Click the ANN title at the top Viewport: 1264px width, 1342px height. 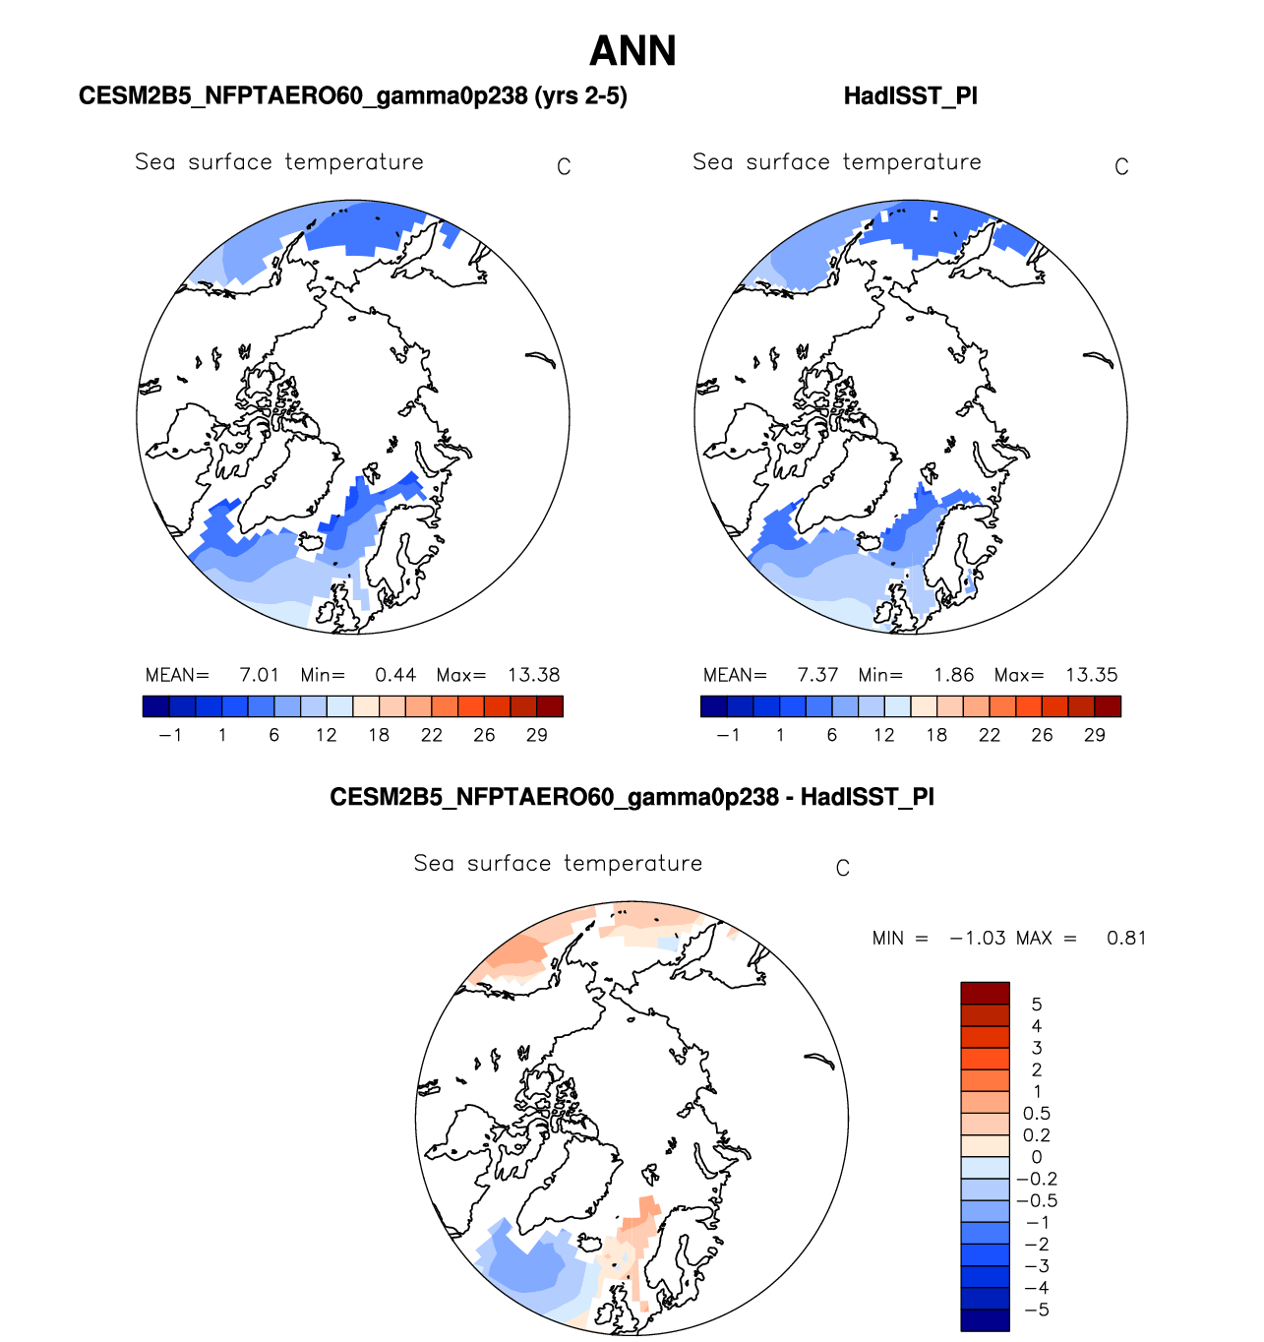[632, 51]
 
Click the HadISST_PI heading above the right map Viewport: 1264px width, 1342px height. [910, 96]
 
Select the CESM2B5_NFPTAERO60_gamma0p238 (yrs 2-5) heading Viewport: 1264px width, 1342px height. [352, 96]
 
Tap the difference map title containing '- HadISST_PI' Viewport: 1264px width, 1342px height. [632, 797]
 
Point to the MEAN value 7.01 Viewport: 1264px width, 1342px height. [260, 675]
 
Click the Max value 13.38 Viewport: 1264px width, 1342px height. [534, 675]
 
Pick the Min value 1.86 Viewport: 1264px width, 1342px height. [953, 675]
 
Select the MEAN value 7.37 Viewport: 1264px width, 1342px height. [817, 675]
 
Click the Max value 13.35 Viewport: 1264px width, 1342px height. [1092, 675]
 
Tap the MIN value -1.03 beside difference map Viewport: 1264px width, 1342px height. [978, 938]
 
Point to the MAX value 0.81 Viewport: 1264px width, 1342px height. [1126, 938]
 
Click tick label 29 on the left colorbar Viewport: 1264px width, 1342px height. [537, 735]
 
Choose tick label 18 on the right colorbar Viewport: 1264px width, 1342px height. [936, 735]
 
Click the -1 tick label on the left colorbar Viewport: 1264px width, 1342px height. [170, 735]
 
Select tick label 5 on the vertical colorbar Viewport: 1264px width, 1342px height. [1037, 1005]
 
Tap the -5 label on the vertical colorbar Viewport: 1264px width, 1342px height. [1037, 1310]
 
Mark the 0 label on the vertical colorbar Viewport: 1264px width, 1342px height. [1037, 1157]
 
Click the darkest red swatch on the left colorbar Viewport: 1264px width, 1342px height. [550, 706]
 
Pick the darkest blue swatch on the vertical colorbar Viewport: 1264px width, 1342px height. [985, 1319]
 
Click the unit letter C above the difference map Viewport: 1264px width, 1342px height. [843, 868]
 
